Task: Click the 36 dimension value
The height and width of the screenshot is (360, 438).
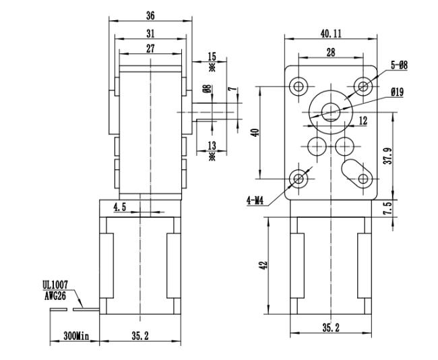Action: coord(150,16)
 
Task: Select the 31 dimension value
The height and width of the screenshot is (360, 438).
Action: coord(150,34)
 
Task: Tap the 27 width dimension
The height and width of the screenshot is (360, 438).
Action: coord(150,49)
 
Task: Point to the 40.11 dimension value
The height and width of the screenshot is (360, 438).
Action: coord(331,34)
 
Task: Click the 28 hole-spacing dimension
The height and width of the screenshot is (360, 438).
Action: coord(331,52)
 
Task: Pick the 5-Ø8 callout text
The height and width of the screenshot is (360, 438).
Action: coord(400,65)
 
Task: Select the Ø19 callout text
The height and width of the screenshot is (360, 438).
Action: coord(398,92)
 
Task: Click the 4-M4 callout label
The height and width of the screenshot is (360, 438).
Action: coord(255,200)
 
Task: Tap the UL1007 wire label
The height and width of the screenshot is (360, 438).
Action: coord(55,285)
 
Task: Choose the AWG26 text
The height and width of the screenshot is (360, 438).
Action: coord(55,296)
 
